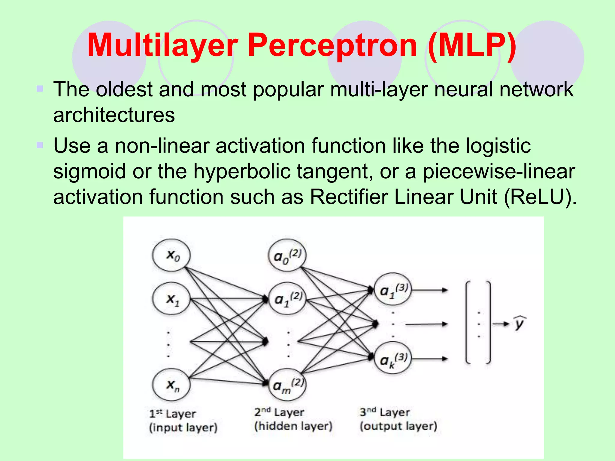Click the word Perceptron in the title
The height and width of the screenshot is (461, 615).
tap(332, 46)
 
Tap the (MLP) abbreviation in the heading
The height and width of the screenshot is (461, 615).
tap(472, 46)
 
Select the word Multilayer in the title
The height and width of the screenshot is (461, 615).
tap(162, 46)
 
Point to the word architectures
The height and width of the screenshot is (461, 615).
tap(114, 115)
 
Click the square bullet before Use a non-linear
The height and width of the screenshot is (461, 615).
tap(40, 145)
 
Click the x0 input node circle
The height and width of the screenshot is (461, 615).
tap(171, 255)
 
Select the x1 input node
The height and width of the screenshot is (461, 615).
tap(171, 299)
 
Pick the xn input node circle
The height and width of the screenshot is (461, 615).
tap(171, 385)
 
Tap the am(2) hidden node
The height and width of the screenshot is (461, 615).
tap(287, 385)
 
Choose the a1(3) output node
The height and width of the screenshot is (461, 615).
tap(393, 289)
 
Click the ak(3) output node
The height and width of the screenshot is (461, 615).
tap(393, 358)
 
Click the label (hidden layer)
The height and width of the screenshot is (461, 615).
tap(293, 426)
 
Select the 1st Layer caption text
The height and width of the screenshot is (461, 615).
tap(172, 414)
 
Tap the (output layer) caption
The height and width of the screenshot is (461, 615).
tap(398, 426)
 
